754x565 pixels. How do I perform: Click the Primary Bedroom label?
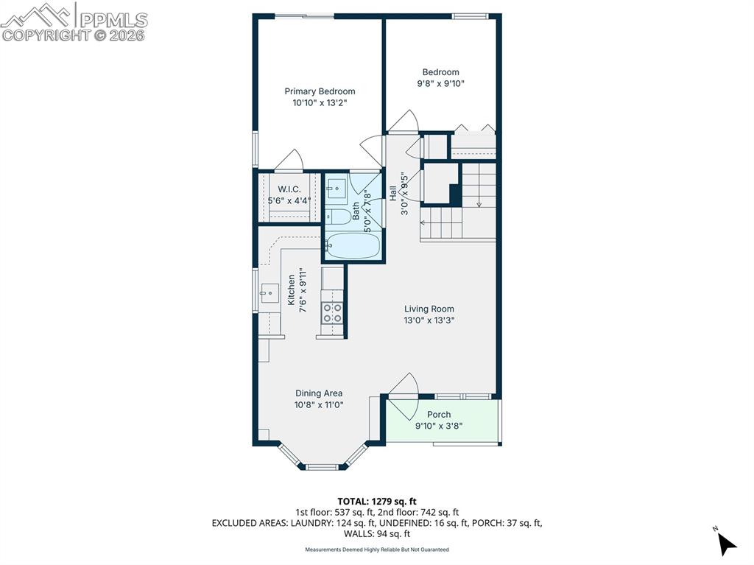click(x=320, y=91)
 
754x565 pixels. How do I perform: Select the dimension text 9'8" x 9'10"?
click(x=440, y=84)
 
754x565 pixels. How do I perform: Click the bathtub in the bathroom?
click(x=353, y=245)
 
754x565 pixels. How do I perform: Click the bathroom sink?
click(x=337, y=189)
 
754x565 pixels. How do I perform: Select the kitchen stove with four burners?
click(x=332, y=313)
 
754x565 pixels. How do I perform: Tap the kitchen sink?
click(x=268, y=293)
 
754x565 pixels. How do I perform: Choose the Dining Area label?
click(x=319, y=393)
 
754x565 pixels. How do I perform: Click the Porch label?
click(x=439, y=415)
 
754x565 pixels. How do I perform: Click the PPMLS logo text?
click(x=112, y=20)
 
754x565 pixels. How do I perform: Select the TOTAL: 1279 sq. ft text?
click(x=377, y=502)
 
